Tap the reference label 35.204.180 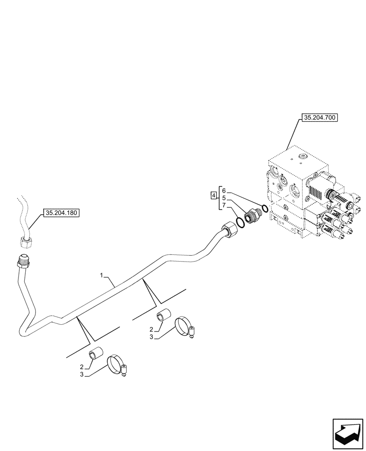pos(61,212)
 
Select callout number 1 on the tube pos(102,275)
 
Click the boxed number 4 pos(213,195)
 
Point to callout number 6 pos(224,191)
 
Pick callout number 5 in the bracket pos(224,198)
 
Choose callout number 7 pos(224,205)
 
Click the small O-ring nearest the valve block pos(265,208)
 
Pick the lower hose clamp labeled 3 pos(117,364)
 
